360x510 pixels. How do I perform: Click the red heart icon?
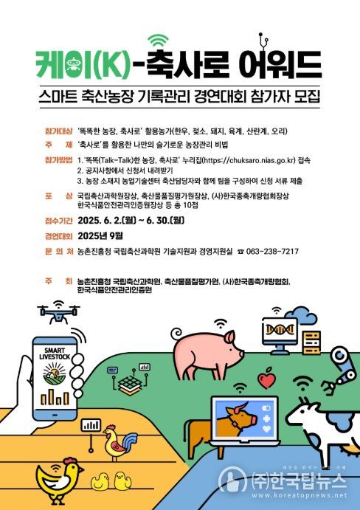[266, 379]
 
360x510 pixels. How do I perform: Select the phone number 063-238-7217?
[272, 252]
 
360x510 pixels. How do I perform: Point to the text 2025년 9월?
[100, 235]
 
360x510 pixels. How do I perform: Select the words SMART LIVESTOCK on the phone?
[55, 354]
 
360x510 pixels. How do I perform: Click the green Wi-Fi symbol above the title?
[158, 40]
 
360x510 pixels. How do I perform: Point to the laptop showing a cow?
[245, 421]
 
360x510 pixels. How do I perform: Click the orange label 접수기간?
[58, 221]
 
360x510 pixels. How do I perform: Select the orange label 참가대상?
[58, 131]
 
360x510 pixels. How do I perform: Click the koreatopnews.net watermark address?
[300, 495]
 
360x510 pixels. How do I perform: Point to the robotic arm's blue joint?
[339, 354]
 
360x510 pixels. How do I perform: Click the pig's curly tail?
[178, 333]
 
